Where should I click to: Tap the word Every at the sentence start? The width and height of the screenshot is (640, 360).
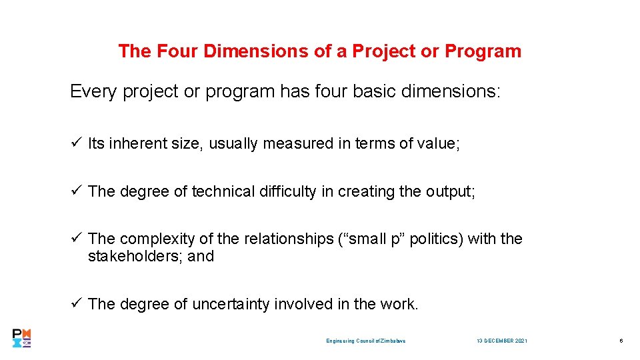[93, 91]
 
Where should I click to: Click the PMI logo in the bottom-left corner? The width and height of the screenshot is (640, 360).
[22, 338]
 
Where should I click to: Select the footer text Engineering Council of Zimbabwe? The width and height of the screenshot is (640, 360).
[365, 341]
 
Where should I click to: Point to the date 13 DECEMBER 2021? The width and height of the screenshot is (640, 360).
[501, 341]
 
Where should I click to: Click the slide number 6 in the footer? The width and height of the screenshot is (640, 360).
[621, 341]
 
